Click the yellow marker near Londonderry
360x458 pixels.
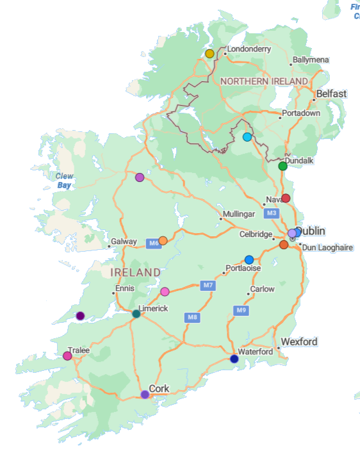(x=209, y=54)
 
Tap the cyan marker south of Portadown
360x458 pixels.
(x=247, y=137)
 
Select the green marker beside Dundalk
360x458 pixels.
(x=282, y=167)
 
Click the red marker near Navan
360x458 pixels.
(x=286, y=198)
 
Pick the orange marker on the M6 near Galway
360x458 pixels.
(x=163, y=241)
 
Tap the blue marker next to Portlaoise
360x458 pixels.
(x=249, y=259)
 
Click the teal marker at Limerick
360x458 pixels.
(x=136, y=314)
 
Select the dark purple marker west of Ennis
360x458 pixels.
(x=80, y=316)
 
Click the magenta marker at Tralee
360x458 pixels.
(x=67, y=356)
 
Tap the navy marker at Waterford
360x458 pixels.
(x=234, y=359)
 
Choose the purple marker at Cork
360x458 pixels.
(x=145, y=395)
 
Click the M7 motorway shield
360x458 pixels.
(x=208, y=285)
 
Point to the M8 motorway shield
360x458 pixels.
(x=192, y=317)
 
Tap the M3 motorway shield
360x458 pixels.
(x=272, y=213)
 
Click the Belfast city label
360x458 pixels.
(x=331, y=94)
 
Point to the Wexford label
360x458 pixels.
(x=299, y=342)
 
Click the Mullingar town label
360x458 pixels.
(x=239, y=214)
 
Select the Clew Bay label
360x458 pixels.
(x=65, y=181)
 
